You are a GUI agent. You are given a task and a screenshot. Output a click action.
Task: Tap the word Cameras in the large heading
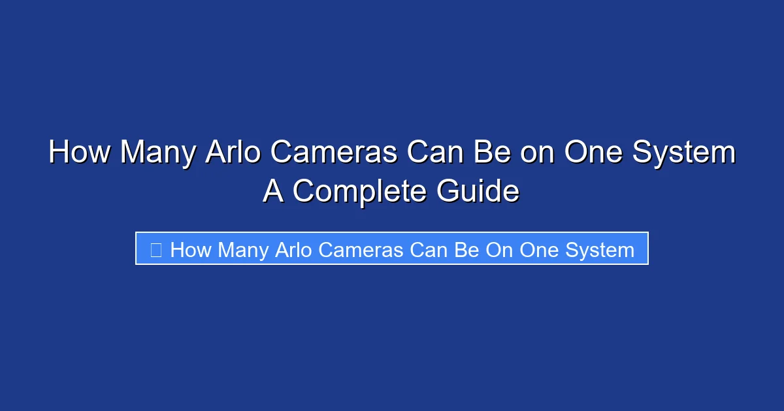coord(333,153)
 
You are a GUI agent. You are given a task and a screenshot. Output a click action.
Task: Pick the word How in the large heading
coord(78,153)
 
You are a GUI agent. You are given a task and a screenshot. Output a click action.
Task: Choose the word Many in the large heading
coord(157,153)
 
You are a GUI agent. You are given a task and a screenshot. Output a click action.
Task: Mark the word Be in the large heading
coord(486,153)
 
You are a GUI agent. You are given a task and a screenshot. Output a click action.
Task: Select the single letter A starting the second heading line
coord(274,192)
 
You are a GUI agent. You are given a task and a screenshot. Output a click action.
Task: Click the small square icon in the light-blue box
coord(155,249)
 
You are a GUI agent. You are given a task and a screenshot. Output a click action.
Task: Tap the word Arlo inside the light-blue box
coord(292,250)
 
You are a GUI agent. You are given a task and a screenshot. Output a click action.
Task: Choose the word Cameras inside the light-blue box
coord(360,250)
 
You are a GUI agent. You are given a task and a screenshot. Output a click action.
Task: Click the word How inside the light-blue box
coord(190,250)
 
